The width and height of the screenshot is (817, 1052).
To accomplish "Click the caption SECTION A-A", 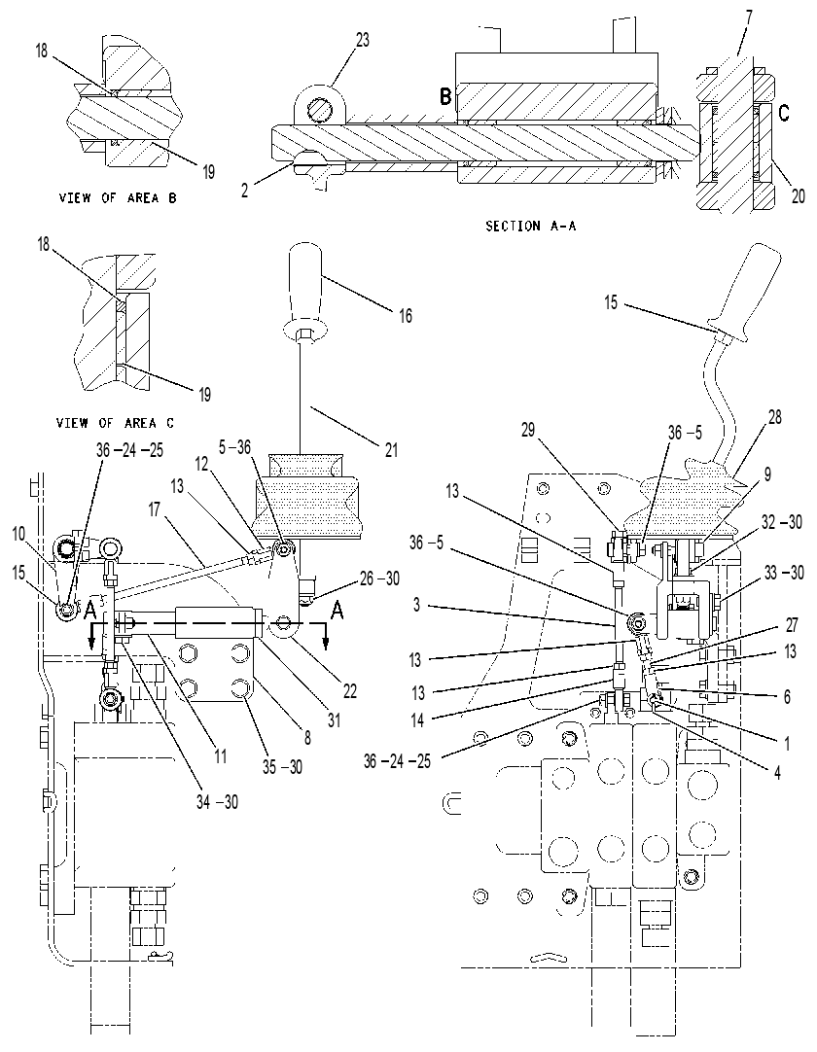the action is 530,227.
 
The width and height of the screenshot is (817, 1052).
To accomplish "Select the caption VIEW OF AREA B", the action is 118,198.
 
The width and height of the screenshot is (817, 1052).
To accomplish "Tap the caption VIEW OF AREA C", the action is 115,423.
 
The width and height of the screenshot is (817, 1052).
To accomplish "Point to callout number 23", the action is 362,40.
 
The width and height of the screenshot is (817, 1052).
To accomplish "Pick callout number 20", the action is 798,196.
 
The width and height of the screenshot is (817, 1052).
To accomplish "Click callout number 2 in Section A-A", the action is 246,191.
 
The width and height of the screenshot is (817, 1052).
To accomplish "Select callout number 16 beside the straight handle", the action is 405,315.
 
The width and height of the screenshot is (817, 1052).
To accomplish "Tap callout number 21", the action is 391,449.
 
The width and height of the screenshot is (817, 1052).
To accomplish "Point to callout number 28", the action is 775,417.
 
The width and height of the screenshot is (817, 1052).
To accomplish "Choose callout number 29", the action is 528,430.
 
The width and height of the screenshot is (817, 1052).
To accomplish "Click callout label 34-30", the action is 217,801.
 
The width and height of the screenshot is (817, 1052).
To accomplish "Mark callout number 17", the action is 155,509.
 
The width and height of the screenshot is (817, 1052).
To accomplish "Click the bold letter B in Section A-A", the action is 445,96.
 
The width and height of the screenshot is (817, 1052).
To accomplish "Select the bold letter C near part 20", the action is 783,114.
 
